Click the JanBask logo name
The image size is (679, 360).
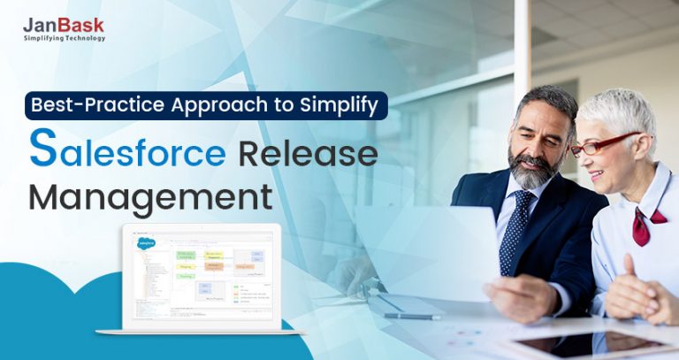[x=64, y=26]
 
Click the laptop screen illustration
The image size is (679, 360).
[x=201, y=273]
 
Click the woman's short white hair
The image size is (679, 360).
[x=624, y=111]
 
